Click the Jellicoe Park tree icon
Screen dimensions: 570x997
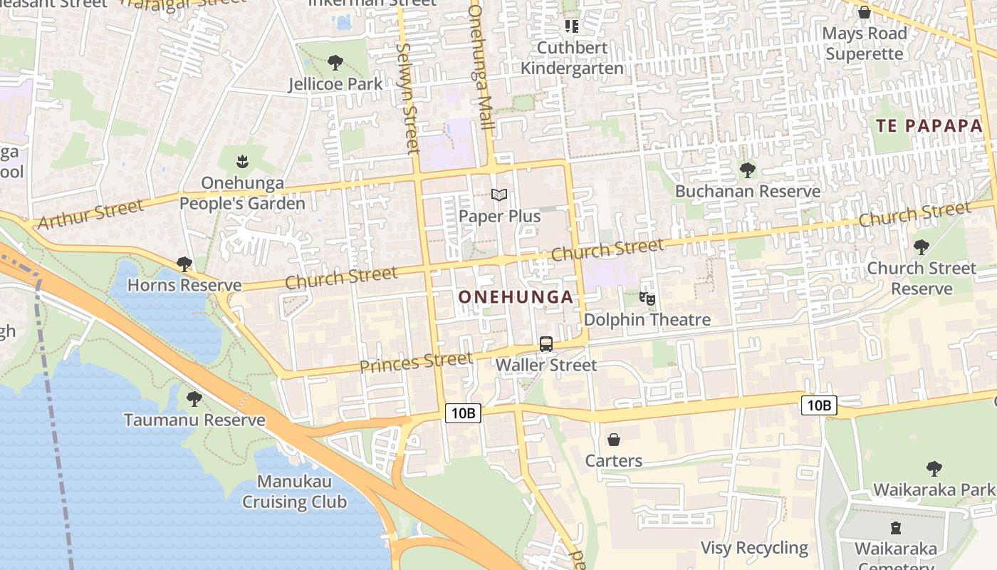point(335,63)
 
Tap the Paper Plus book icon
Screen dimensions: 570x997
point(499,195)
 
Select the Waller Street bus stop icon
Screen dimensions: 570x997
point(546,344)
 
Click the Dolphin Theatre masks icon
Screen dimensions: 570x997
point(647,299)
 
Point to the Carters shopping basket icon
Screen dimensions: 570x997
point(614,440)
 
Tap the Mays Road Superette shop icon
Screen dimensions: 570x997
point(865,12)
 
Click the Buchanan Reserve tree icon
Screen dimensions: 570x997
point(747,170)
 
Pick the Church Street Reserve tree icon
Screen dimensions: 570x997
point(921,247)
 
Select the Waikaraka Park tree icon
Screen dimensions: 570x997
point(934,469)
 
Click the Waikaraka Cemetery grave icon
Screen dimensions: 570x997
point(896,528)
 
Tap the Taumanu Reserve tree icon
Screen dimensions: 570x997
point(194,399)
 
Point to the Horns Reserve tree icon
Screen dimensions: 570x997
point(184,264)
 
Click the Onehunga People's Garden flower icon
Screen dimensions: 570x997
point(242,161)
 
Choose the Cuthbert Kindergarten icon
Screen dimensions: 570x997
point(571,26)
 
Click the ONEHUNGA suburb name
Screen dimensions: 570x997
point(516,297)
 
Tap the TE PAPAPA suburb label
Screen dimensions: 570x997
point(929,126)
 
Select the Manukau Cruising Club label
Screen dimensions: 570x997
point(294,492)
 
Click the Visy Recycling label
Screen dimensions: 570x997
point(754,548)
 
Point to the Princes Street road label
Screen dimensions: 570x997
point(416,363)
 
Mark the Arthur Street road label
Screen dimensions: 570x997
point(90,215)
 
